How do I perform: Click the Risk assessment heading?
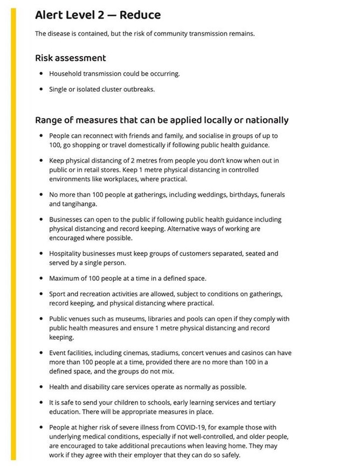[70, 58]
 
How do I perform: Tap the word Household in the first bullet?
[66, 73]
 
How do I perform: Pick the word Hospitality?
[66, 253]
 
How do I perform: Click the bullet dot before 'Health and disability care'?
[41, 387]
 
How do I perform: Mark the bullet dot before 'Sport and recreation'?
[41, 294]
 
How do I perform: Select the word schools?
[158, 402]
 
